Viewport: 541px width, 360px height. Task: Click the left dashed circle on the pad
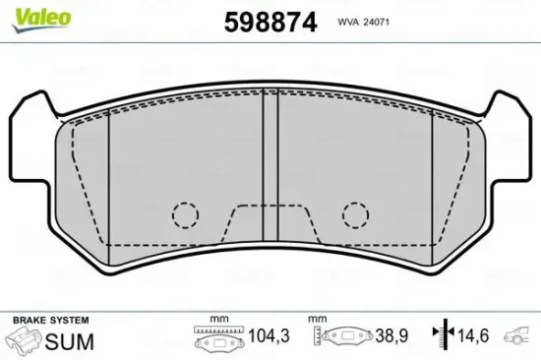(186, 213)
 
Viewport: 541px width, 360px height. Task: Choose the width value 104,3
(270, 337)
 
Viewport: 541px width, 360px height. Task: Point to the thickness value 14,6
(475, 337)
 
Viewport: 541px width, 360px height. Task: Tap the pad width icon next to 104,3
(218, 340)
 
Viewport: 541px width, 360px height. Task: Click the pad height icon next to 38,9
(344, 340)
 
